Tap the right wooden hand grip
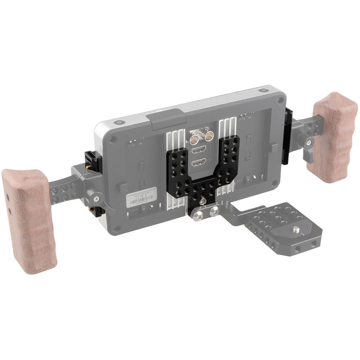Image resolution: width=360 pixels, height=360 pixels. point(335,137)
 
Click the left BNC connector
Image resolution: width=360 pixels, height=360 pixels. point(195,137)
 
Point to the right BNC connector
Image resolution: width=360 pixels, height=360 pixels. point(208,136)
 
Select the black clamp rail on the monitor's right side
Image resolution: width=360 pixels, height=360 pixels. point(288,137)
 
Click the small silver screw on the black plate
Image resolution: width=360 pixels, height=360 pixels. point(203,201)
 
